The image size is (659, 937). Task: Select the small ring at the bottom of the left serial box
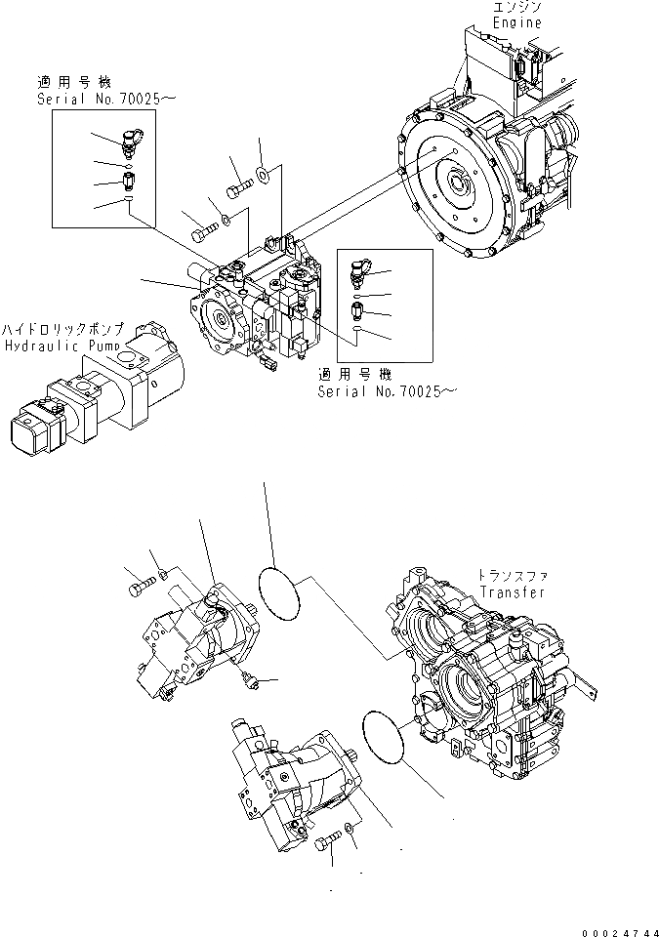[x=129, y=201]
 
